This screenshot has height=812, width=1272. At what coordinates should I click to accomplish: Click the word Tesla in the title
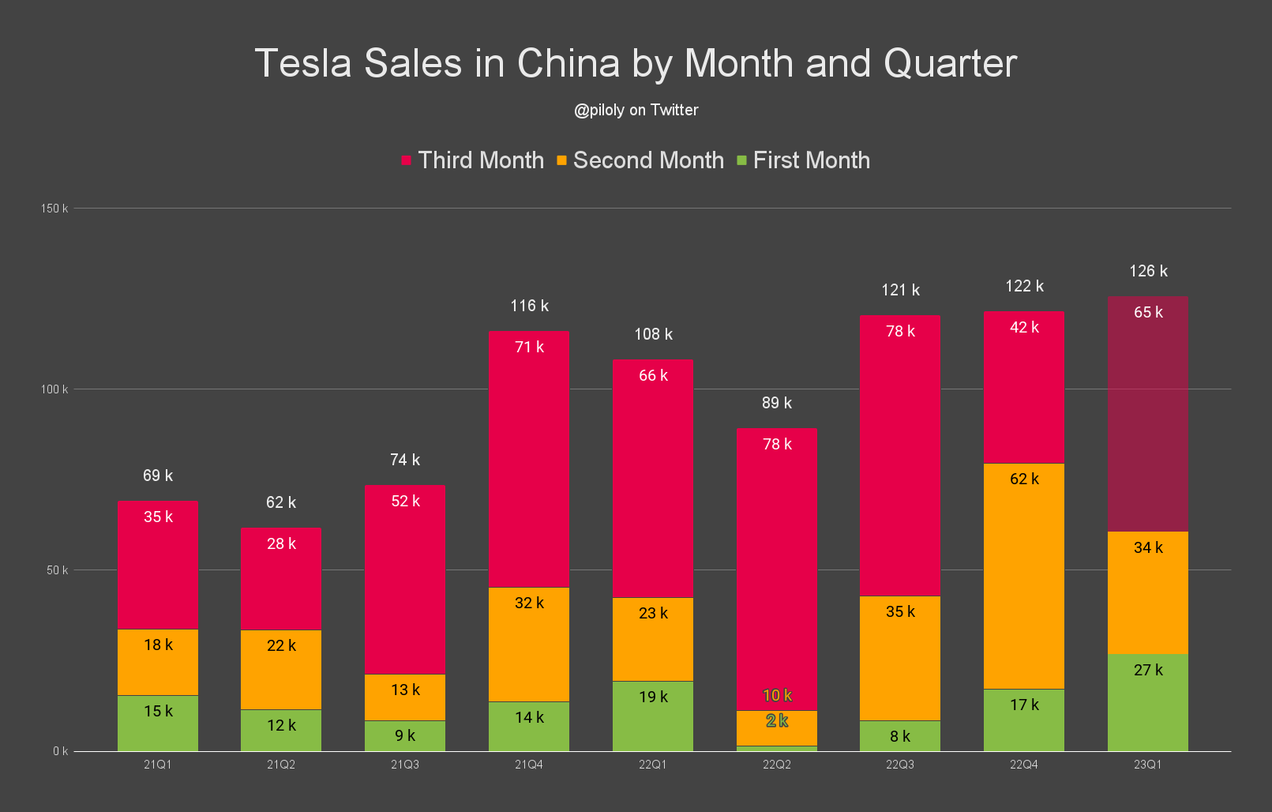click(x=302, y=63)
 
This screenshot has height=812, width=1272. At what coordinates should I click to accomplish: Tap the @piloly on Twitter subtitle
click(x=636, y=110)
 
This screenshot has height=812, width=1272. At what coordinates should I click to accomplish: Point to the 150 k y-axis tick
click(x=54, y=209)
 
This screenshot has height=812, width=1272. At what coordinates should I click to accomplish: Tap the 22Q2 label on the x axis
click(x=776, y=765)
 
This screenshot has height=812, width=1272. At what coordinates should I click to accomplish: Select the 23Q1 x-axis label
click(x=1147, y=765)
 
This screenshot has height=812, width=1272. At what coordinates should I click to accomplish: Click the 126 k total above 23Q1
click(x=1148, y=271)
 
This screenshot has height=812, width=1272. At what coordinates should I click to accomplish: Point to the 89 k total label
click(x=776, y=403)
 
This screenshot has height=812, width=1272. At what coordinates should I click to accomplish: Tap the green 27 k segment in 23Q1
click(x=1147, y=703)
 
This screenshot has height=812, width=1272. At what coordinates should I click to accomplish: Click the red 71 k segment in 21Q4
click(x=529, y=458)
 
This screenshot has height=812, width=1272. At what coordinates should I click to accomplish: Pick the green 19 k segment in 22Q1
click(x=653, y=716)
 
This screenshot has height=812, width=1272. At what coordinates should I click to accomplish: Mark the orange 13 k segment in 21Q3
click(x=405, y=697)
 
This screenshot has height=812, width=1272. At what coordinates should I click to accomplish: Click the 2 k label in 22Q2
click(x=777, y=720)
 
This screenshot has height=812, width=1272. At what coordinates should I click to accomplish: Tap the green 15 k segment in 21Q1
click(x=158, y=724)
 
